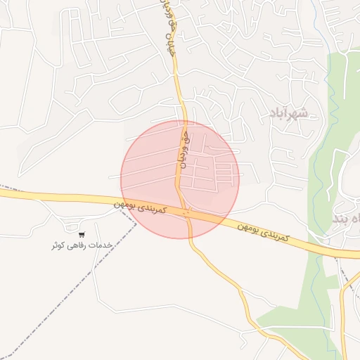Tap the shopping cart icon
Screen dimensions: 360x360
82,234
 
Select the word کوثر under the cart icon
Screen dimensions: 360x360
59,245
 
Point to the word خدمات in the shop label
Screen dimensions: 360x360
101,245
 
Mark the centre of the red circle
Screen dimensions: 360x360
180,179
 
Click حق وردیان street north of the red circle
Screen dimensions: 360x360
179,84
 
